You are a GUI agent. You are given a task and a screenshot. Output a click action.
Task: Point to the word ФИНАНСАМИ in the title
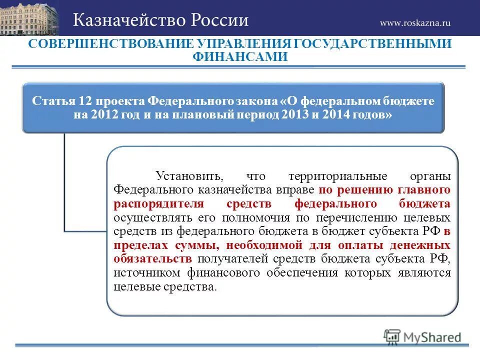(x=240, y=57)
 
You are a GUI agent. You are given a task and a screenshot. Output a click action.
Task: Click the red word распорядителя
(x=158, y=204)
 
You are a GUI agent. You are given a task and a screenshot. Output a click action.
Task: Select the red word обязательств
(x=152, y=259)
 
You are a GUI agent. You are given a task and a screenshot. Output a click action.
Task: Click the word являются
(x=423, y=273)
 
